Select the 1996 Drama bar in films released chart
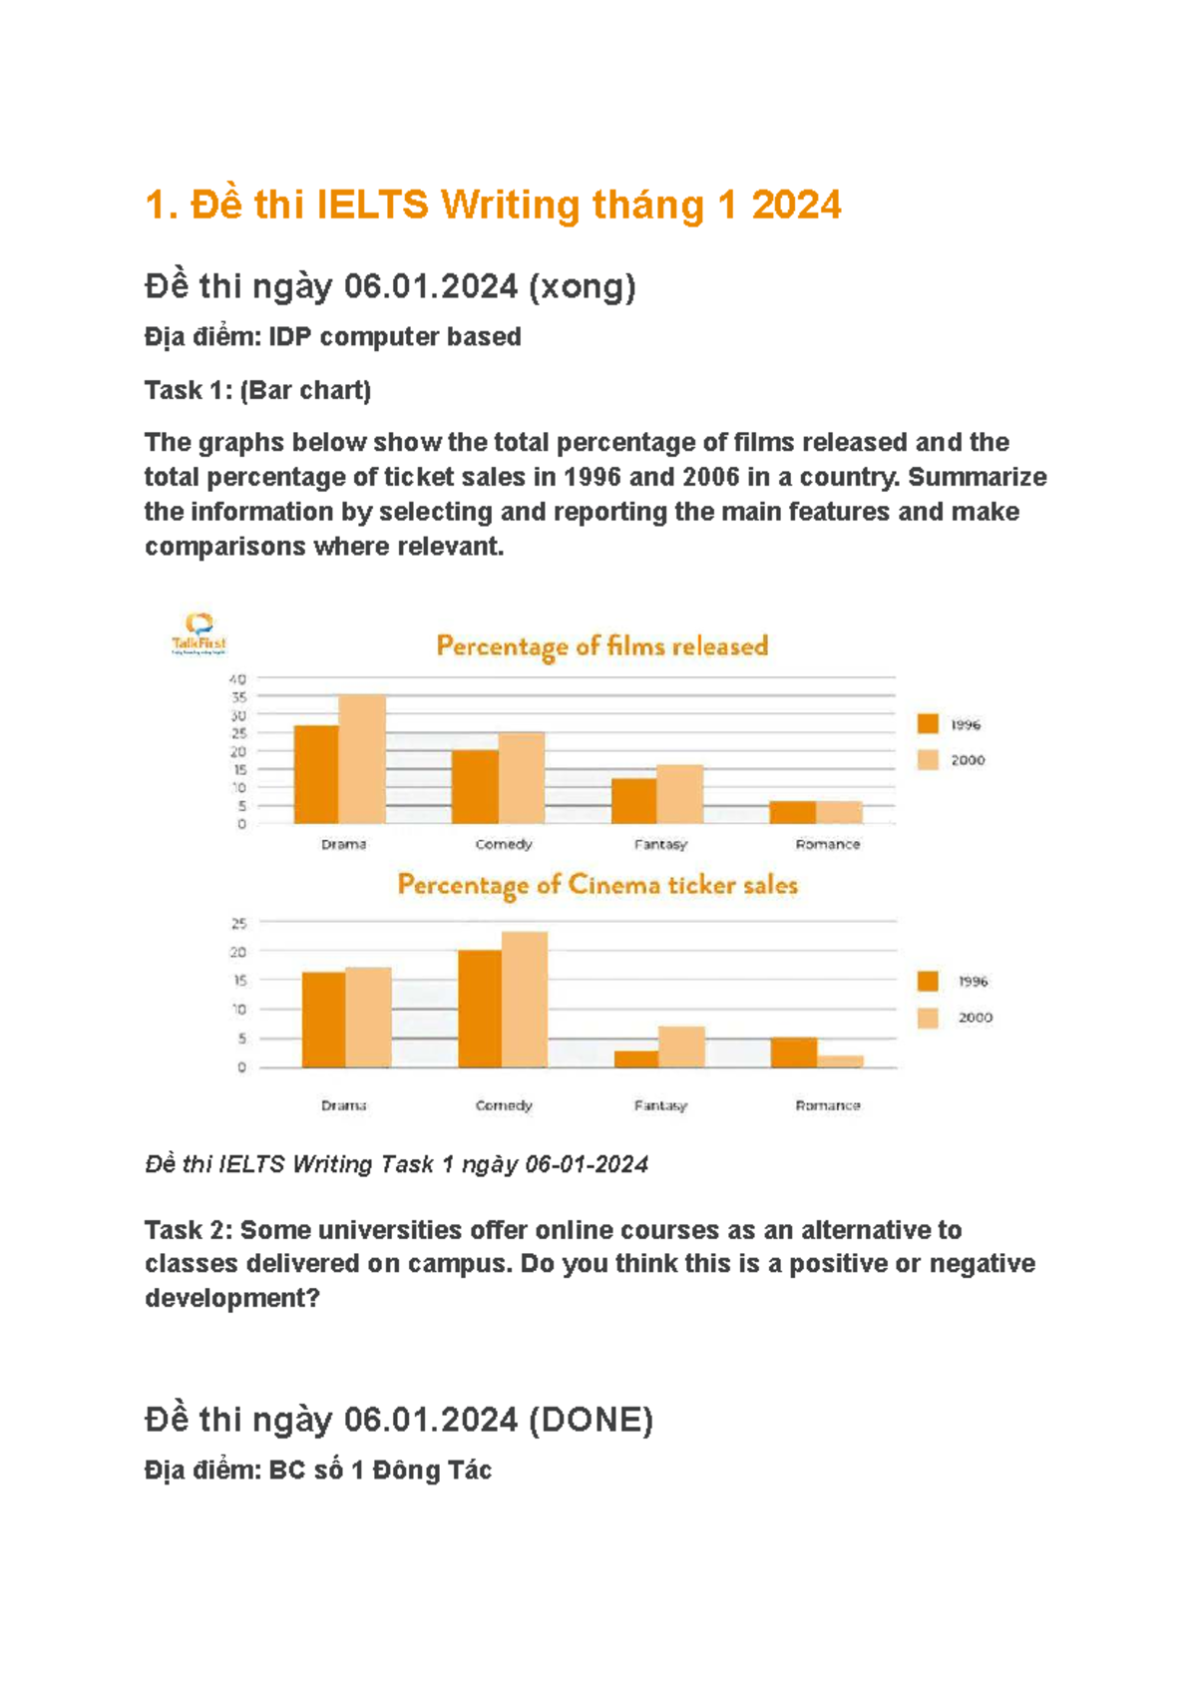point(316,774)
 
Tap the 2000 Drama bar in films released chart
point(362,759)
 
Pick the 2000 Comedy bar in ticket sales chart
point(525,1000)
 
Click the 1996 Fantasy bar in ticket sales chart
point(635,1058)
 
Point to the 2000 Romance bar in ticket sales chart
point(841,1061)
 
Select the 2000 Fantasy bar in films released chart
point(679,794)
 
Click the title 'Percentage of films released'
point(602,646)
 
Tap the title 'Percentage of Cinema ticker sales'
point(598,885)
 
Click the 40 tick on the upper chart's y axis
point(238,679)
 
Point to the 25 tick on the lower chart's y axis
point(239,924)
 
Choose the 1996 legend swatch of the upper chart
point(929,724)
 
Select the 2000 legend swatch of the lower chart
point(929,1018)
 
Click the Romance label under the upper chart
point(827,844)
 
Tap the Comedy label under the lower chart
point(504,1105)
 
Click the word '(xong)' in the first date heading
point(582,286)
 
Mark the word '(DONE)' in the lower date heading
point(591,1419)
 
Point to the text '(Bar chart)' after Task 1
point(305,390)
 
